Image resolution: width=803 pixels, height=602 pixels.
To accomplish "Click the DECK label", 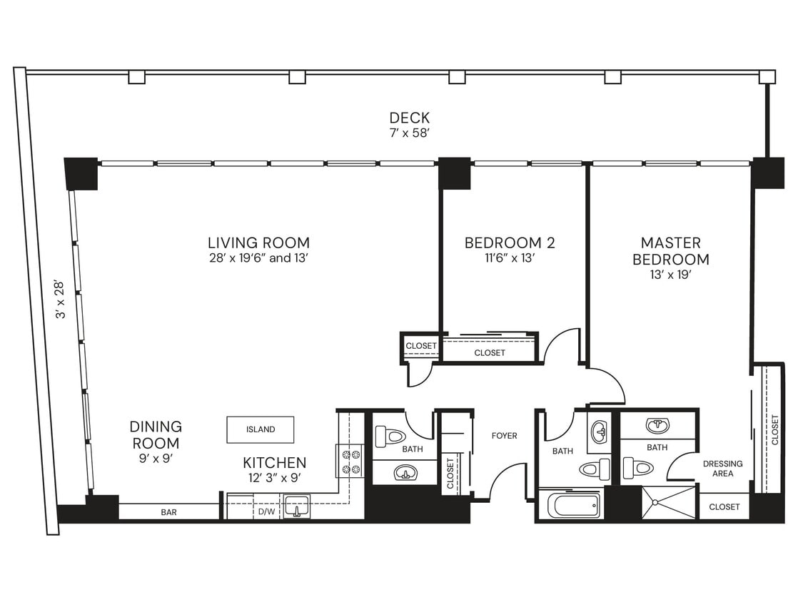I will tap(409, 118).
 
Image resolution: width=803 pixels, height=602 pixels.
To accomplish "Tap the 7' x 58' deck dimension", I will tap(409, 133).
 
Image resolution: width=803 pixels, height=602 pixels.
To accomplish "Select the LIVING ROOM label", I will tap(258, 243).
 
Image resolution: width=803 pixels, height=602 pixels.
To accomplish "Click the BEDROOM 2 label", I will tap(509, 243).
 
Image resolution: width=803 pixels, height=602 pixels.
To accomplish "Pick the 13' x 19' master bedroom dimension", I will tap(670, 275).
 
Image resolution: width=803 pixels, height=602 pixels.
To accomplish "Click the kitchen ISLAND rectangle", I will tap(261, 429).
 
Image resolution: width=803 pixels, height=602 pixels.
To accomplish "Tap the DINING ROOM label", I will tap(156, 434).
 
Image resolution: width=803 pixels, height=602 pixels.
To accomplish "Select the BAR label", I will tap(169, 512).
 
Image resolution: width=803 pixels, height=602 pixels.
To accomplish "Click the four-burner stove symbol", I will tap(350, 461).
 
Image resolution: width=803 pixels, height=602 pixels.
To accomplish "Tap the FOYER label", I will tap(505, 436).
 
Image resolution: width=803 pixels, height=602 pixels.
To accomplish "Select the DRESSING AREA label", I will tap(722, 469).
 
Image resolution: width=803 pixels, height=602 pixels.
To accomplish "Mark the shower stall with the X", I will tap(668, 502).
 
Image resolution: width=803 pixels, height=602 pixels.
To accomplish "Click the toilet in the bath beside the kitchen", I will tap(390, 435).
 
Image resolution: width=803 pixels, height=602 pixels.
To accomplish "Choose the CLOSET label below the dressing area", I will tap(724, 507).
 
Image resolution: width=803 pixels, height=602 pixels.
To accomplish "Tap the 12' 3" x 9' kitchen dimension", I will tap(274, 479).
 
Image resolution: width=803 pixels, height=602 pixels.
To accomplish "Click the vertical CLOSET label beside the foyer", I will tap(450, 473).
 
